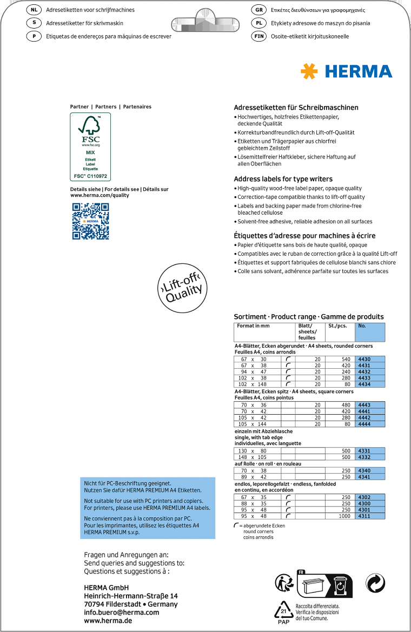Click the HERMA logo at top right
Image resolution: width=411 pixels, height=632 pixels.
(347, 71)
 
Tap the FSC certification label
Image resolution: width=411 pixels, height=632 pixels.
(90, 147)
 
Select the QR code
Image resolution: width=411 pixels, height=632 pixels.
(90, 221)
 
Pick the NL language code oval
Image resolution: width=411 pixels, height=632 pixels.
(34, 10)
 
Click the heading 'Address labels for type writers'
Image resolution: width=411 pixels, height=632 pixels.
(283, 179)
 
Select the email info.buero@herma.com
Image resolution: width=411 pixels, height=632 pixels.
(122, 613)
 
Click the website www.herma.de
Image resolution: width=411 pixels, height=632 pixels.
(108, 621)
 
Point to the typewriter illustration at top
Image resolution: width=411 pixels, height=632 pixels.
(208, 23)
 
